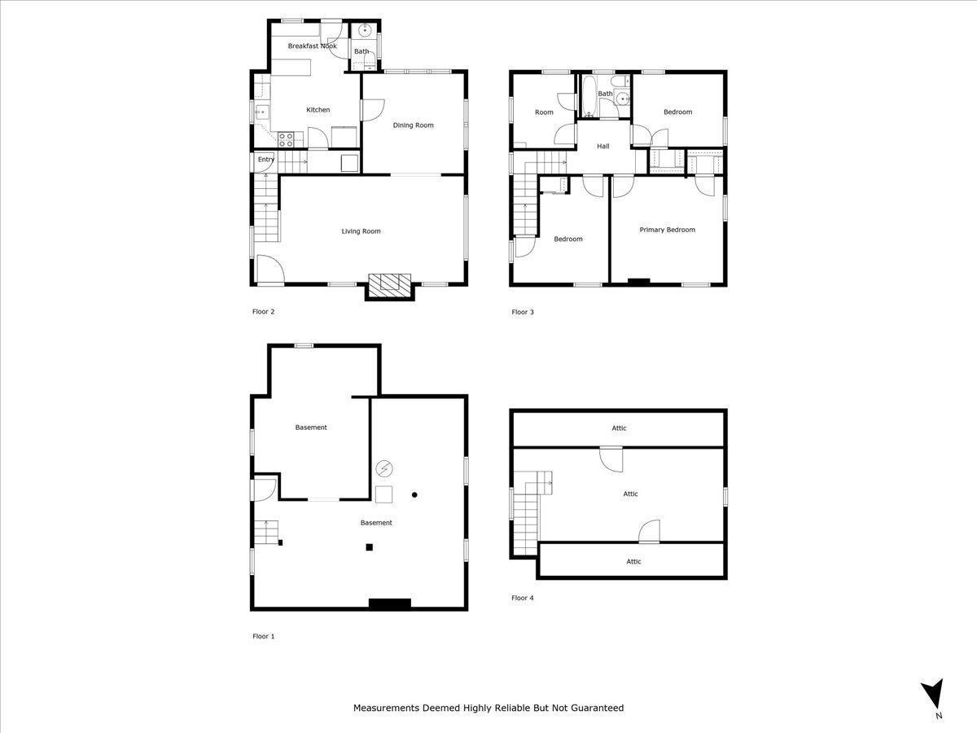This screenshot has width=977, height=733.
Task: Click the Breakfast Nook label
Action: click(312, 46)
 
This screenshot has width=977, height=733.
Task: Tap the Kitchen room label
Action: click(318, 110)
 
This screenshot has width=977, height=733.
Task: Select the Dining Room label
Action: click(413, 125)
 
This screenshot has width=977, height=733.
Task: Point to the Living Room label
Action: click(361, 231)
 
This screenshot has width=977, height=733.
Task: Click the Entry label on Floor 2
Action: click(266, 160)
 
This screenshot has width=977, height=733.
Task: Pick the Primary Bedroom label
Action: click(667, 230)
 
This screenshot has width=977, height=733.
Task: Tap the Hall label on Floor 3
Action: click(602, 147)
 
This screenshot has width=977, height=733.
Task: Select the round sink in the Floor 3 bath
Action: click(623, 99)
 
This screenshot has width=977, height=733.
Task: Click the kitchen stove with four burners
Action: click(286, 139)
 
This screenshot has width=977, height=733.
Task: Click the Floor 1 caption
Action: click(263, 636)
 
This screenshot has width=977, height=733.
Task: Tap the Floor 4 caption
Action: click(522, 598)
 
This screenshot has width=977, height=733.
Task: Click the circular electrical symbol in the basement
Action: click(384, 468)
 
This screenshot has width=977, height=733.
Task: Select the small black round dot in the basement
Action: click(414, 494)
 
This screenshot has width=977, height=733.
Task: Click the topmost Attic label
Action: click(619, 428)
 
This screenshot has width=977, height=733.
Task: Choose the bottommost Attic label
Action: click(633, 561)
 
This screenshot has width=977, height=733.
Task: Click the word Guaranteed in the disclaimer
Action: click(594, 708)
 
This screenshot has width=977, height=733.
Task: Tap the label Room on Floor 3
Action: click(544, 112)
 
